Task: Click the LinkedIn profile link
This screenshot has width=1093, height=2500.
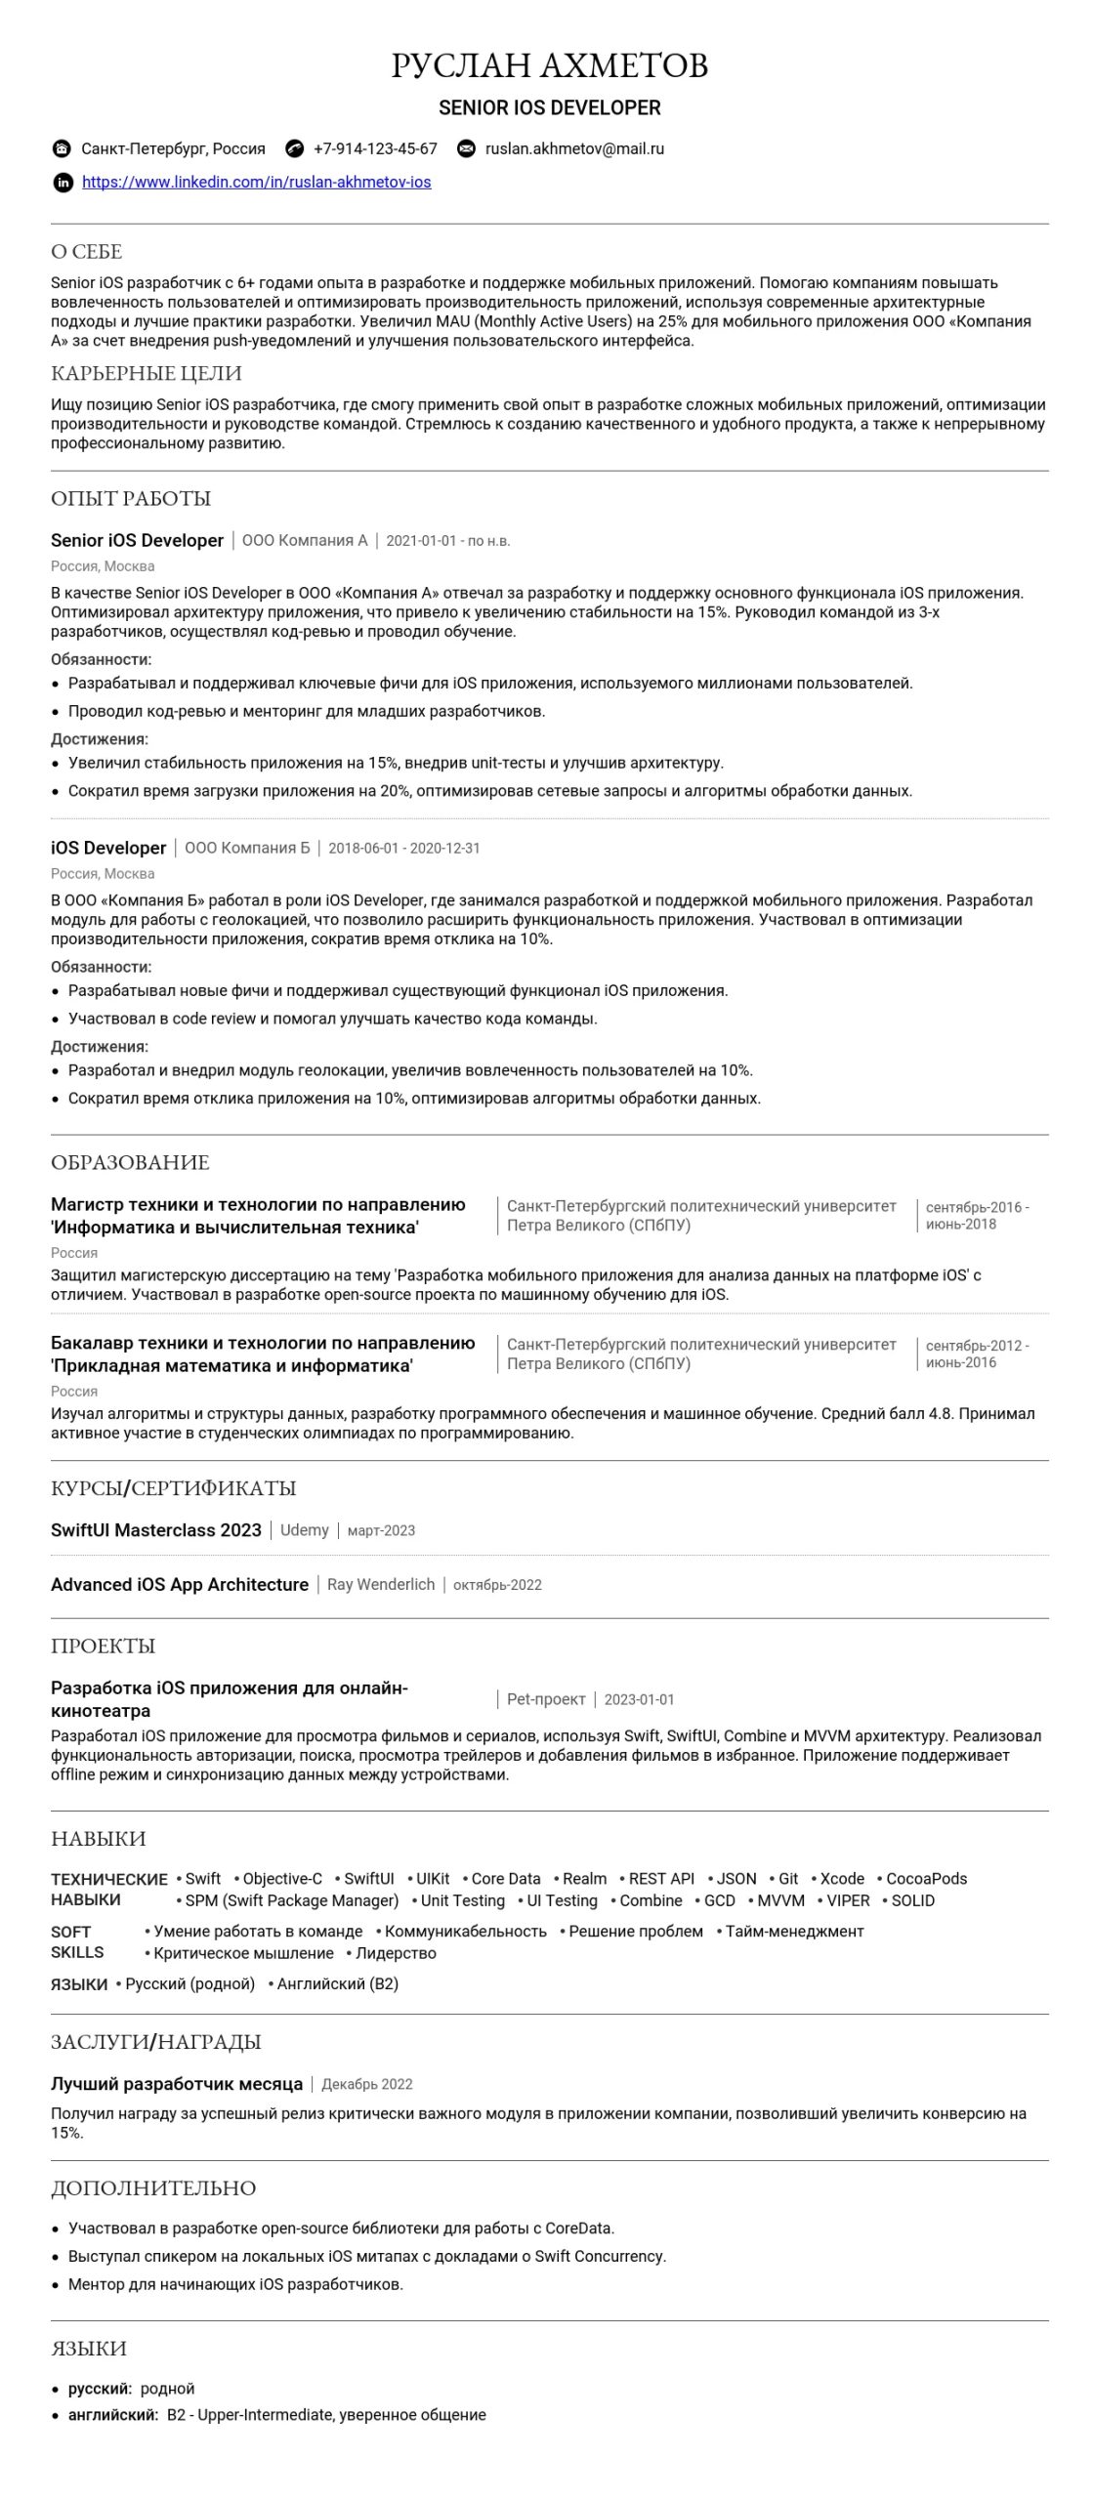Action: pos(256,182)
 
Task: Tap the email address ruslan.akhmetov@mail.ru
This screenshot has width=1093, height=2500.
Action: pos(574,148)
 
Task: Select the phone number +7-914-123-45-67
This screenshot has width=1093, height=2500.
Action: pos(375,148)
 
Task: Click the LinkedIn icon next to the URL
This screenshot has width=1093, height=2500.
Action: pos(63,183)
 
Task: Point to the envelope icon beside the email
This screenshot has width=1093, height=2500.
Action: pos(467,148)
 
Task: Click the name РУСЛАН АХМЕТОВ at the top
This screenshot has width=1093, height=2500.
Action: pos(549,65)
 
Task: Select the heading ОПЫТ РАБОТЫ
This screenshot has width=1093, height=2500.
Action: pos(131,499)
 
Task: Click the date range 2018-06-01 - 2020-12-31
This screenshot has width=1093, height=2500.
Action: pos(404,849)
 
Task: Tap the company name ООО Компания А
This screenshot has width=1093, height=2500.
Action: pos(305,541)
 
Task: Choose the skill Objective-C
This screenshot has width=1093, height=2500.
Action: pos(282,1879)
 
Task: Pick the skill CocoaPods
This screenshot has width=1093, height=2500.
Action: pos(926,1879)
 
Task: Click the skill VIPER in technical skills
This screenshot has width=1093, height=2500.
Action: pos(848,1900)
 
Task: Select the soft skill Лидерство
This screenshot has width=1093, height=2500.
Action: pos(396,1953)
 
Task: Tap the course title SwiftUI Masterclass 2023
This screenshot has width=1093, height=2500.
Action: pos(156,1530)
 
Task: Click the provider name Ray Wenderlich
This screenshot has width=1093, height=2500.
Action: pos(381,1585)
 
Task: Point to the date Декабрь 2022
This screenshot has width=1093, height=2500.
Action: pos(367,2085)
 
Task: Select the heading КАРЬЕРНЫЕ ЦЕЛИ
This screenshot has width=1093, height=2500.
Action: pos(147,374)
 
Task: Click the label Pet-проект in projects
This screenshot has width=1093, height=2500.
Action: pos(546,1699)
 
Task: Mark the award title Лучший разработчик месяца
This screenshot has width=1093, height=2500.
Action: pos(177,2084)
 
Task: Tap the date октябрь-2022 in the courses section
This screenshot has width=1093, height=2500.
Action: pos(497,1585)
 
